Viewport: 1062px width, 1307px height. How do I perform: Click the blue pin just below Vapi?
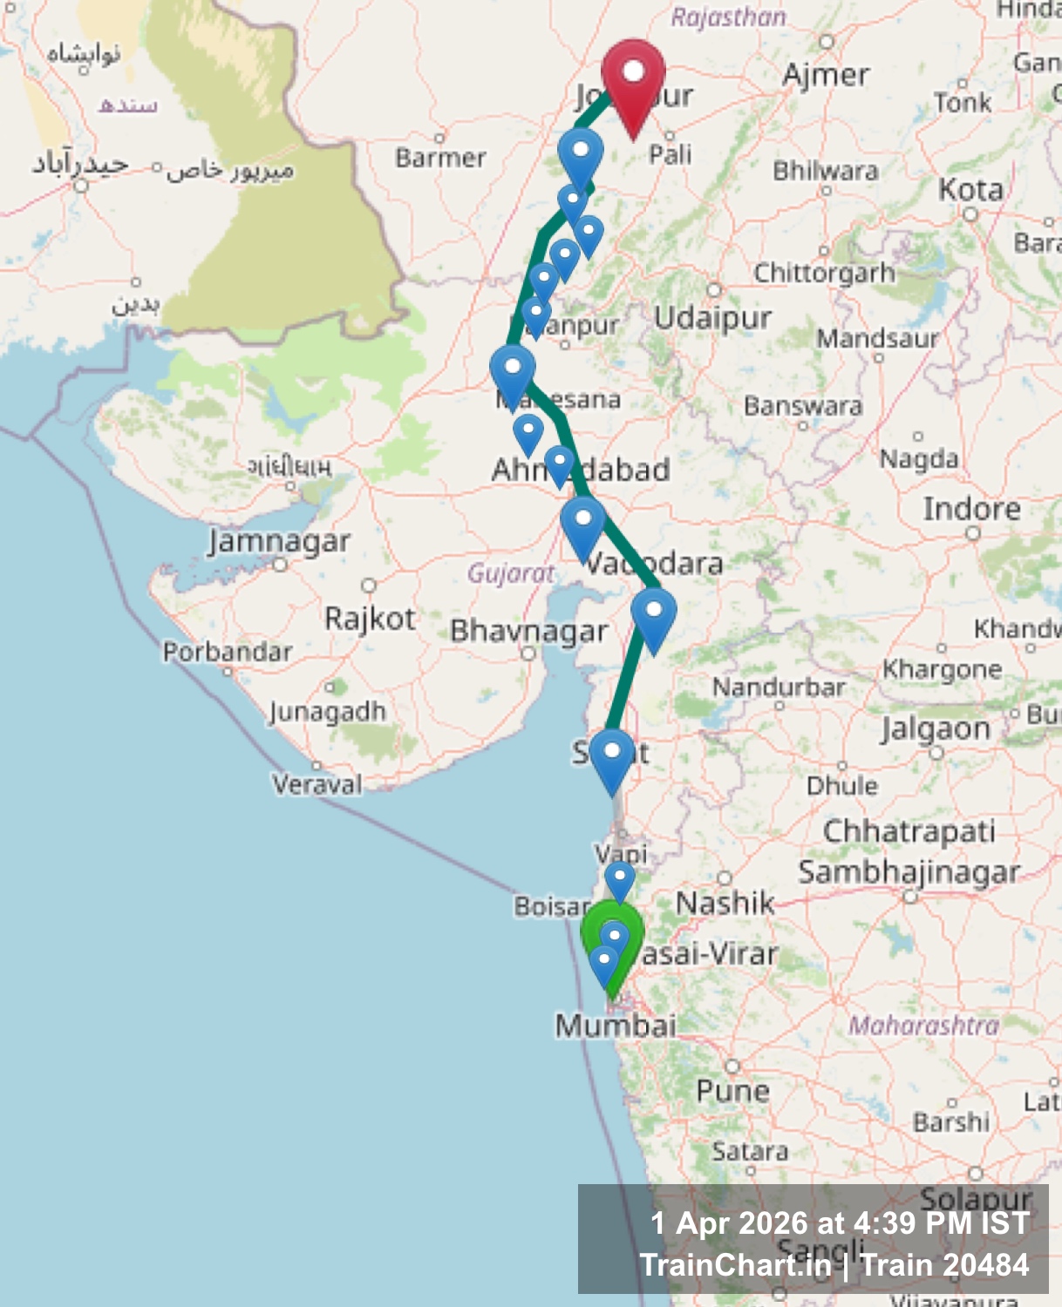coord(620,878)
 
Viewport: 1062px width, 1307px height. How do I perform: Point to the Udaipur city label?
coord(713,318)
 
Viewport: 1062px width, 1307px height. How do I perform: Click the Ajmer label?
coord(826,75)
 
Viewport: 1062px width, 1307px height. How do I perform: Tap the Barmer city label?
coord(440,158)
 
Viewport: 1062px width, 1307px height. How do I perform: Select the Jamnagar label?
coord(279,542)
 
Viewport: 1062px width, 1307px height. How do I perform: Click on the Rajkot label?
coord(370,619)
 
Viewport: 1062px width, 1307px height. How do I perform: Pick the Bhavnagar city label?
coord(528,631)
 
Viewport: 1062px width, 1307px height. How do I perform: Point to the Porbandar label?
coord(228,652)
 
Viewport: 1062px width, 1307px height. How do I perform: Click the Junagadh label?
coord(327,711)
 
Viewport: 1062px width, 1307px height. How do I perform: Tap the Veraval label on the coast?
coord(317,784)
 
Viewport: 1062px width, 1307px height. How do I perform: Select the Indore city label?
coord(971,509)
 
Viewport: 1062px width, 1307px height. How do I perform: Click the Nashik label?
coord(725,904)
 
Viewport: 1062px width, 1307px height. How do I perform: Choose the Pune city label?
coord(732,1091)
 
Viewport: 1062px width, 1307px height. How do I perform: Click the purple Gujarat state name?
coord(511,573)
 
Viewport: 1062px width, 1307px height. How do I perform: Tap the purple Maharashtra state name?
coord(924,1026)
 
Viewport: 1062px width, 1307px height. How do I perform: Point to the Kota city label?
coord(970,190)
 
